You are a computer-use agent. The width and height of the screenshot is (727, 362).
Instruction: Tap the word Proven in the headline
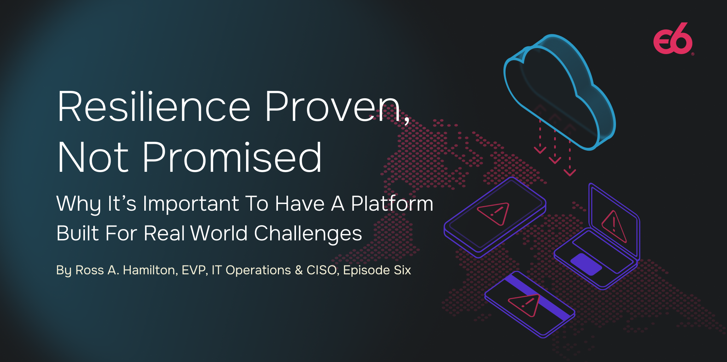point(333,106)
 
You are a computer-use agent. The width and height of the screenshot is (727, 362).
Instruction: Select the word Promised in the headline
point(232,157)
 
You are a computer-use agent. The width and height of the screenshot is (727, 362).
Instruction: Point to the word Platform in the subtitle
point(392,204)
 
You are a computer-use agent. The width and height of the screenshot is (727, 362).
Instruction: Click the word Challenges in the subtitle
point(308,234)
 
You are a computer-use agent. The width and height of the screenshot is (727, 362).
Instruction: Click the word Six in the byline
point(402,270)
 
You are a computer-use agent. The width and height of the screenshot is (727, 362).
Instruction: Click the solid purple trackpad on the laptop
point(586,264)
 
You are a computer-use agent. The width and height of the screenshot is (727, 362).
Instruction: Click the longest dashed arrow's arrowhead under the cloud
point(570,173)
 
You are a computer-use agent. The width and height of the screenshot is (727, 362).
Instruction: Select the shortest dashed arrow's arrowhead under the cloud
point(540,150)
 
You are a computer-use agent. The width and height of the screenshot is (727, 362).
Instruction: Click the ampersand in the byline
point(299,270)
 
